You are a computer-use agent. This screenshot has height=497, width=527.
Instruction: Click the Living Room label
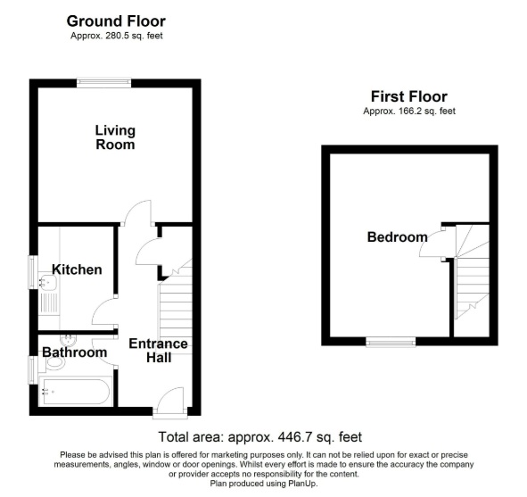point(115,137)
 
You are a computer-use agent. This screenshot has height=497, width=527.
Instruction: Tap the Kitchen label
point(77,269)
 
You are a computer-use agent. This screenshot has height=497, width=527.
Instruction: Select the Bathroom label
point(75,352)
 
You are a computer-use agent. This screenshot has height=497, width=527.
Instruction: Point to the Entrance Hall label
point(159,351)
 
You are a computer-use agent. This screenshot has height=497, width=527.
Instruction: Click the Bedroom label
point(398,237)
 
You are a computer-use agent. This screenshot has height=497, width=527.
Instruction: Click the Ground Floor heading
point(116,21)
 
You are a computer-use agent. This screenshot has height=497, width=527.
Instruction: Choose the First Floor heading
point(409,97)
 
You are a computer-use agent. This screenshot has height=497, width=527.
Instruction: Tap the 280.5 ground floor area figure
point(118,36)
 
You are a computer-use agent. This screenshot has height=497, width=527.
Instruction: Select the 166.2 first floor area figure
point(410,111)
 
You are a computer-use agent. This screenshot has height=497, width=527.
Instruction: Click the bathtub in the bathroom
point(75,392)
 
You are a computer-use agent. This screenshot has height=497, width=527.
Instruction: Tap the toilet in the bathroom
point(54,363)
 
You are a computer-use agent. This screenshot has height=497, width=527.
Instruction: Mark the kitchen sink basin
point(47,282)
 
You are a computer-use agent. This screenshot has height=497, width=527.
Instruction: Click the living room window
point(103,83)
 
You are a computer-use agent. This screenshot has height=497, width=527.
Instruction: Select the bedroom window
point(391,343)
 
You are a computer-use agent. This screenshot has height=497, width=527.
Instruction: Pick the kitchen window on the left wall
point(33,272)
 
